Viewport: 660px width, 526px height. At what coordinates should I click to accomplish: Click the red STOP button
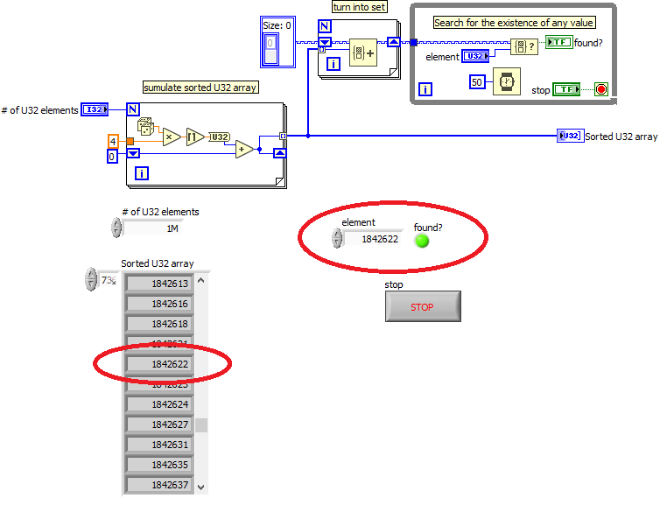(x=423, y=307)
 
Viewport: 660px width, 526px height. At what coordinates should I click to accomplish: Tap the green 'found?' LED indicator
(x=423, y=240)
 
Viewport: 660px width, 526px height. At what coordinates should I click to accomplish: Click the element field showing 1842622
(x=373, y=239)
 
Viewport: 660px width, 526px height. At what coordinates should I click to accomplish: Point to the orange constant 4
(x=113, y=140)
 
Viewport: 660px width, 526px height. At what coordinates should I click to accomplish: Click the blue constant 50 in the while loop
(x=477, y=81)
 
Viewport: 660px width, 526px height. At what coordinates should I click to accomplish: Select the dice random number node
(x=145, y=126)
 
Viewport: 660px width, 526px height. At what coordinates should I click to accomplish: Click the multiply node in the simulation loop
(x=171, y=137)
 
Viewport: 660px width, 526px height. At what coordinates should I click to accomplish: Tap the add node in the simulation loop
(x=244, y=149)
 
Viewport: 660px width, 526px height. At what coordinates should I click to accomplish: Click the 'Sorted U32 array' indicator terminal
(x=570, y=136)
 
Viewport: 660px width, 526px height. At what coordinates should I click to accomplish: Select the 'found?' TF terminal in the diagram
(x=558, y=42)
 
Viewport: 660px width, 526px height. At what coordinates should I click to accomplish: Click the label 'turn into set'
(x=359, y=7)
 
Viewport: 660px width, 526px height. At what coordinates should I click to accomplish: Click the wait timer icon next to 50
(x=507, y=81)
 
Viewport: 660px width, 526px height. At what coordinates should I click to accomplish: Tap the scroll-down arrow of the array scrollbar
(x=200, y=486)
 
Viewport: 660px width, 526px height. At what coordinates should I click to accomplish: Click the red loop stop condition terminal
(x=600, y=89)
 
